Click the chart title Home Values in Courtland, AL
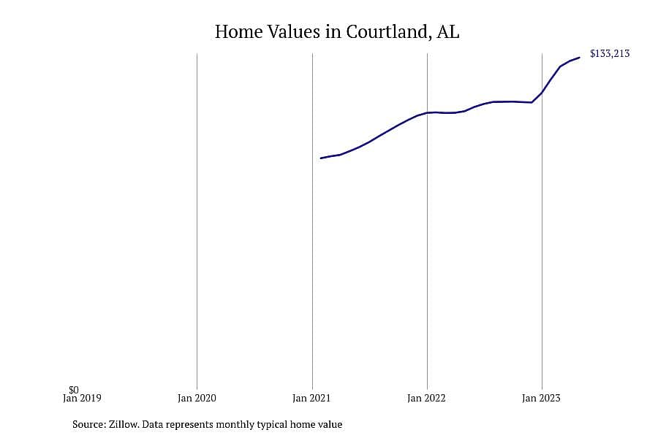(337, 31)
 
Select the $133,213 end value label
(610, 53)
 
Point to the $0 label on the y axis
(74, 391)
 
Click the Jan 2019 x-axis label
(82, 398)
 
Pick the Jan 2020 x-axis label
(197, 398)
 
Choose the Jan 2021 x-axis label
(311, 398)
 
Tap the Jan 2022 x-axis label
(426, 398)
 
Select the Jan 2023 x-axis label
(541, 398)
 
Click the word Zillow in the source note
(124, 424)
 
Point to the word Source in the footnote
(88, 424)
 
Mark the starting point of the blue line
(321, 158)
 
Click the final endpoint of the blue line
(580, 58)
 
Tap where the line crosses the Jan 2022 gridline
(427, 112)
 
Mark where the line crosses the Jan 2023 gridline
(542, 93)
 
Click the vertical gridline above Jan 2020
(197, 221)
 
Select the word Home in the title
(239, 31)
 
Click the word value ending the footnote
(331, 424)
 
